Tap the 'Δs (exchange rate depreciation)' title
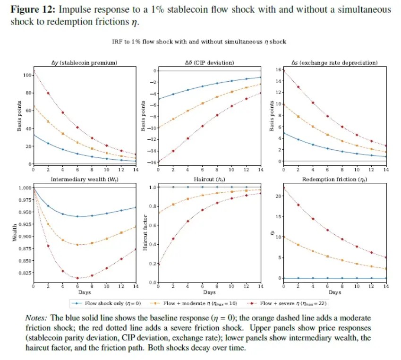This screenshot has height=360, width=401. pos(334,62)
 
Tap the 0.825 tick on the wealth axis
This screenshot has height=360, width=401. pos(22,273)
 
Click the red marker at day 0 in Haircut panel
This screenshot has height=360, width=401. pos(158,264)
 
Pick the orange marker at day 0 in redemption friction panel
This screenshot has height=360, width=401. pos(283,237)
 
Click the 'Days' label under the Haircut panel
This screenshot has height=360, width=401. pos(209,292)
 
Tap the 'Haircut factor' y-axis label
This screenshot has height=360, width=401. pos(145,234)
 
